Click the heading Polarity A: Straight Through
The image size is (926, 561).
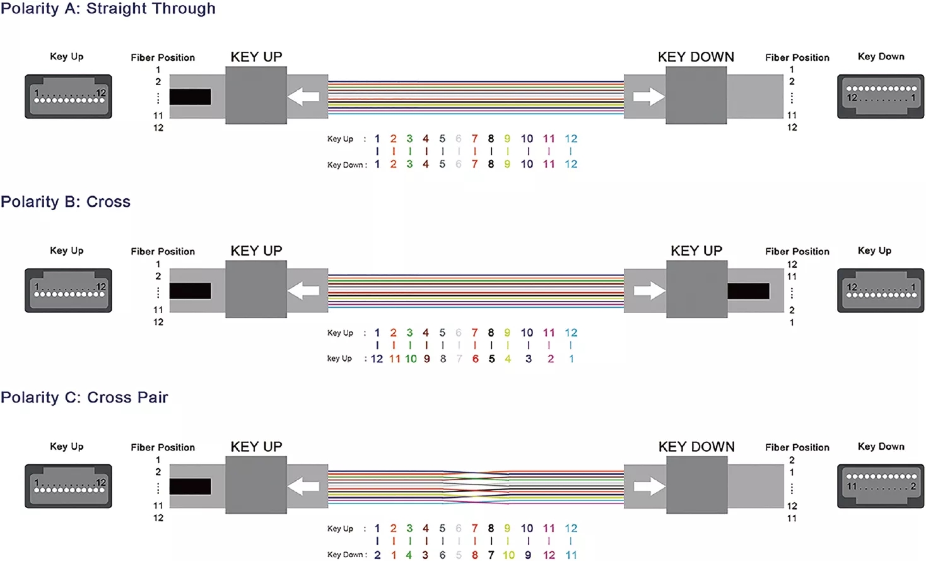(x=108, y=9)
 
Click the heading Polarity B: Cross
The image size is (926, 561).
(x=66, y=202)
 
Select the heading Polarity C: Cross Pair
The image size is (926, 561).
(x=85, y=398)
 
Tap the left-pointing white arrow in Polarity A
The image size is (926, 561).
(x=303, y=97)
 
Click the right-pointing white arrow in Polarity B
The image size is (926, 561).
(x=649, y=291)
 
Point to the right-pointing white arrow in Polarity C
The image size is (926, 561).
(x=649, y=487)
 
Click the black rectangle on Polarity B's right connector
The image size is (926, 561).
(x=748, y=291)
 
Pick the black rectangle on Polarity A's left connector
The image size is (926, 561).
(x=190, y=97)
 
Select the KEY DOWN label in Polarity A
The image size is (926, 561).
(x=696, y=57)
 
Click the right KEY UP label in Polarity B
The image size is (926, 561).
(x=696, y=251)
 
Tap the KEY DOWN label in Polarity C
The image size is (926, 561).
(x=696, y=447)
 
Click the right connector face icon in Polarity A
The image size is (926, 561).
(x=881, y=97)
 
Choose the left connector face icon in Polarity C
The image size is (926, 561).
(x=68, y=487)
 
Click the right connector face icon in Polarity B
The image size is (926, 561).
(x=881, y=291)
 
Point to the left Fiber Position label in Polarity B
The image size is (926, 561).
(x=163, y=251)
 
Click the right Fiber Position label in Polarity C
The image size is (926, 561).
(x=797, y=447)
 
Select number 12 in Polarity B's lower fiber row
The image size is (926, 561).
(x=377, y=359)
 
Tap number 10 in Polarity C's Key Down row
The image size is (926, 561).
(x=508, y=555)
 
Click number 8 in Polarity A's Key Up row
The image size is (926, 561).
(x=491, y=139)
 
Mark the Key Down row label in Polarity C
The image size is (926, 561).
(x=346, y=555)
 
